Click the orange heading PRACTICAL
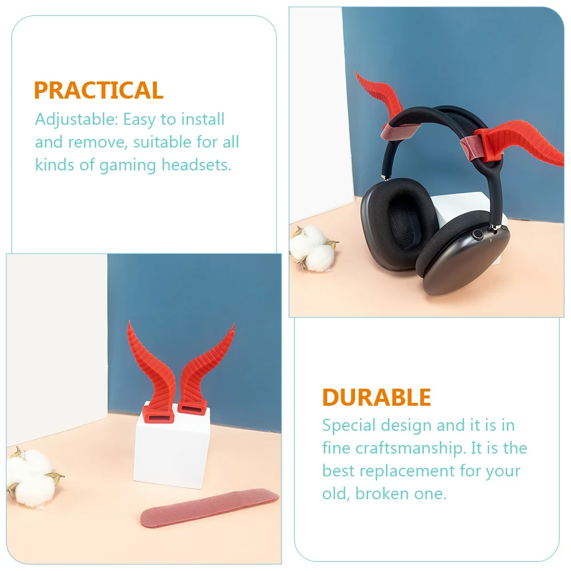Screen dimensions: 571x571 (x=99, y=91)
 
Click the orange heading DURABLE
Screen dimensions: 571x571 (x=377, y=397)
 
